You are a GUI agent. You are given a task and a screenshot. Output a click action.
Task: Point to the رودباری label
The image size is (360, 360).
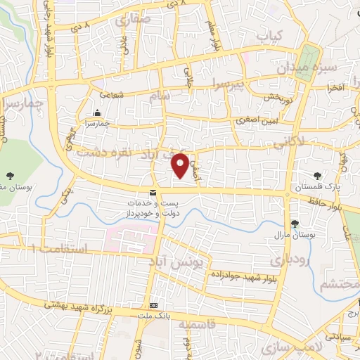(288, 260)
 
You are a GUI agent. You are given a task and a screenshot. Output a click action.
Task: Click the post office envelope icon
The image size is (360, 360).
(153, 193)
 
